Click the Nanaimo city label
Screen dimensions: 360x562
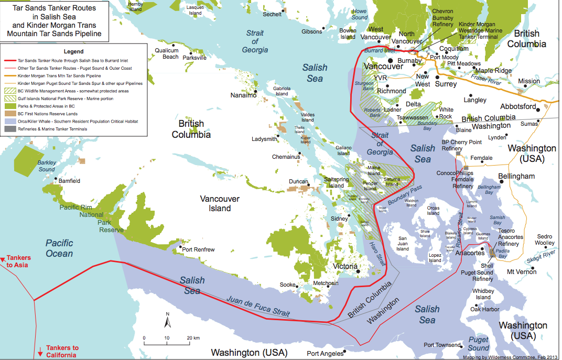[244, 95]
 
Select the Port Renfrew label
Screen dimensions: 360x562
[198, 249]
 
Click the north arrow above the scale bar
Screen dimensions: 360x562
[167, 319]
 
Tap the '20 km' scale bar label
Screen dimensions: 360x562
[192, 338]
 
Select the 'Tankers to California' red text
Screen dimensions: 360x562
[62, 351]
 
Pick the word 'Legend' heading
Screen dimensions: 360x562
[73, 52]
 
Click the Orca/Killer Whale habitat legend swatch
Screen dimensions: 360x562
[10, 121]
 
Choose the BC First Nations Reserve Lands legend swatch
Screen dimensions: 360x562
[10, 113]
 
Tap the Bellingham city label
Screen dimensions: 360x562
[516, 177]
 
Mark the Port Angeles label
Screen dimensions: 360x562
[325, 353]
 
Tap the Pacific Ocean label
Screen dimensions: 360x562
[59, 248]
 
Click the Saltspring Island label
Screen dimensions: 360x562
[336, 182]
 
